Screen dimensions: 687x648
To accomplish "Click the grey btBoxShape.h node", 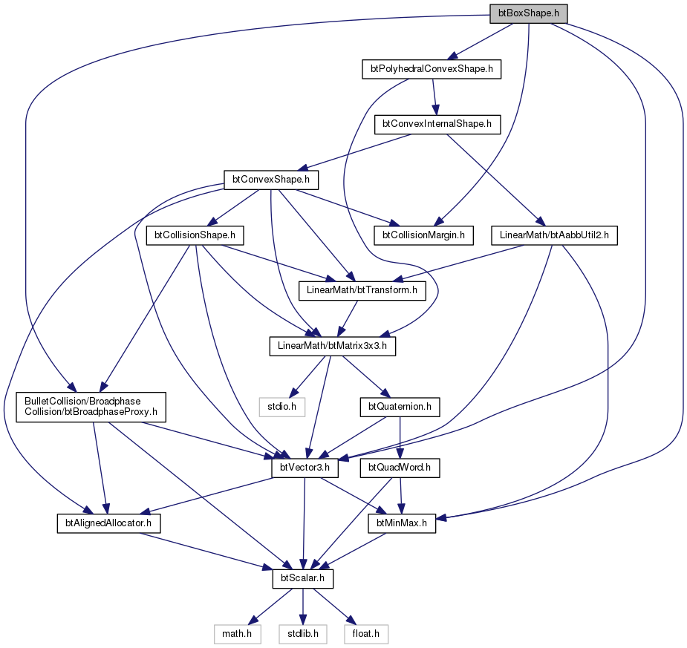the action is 528,13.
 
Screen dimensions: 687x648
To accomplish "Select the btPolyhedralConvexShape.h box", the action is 432,69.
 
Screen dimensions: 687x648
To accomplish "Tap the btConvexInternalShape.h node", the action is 437,125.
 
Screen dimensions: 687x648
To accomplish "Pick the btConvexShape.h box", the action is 271,180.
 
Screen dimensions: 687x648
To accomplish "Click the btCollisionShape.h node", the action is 195,235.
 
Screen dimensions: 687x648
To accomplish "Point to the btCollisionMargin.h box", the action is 423,235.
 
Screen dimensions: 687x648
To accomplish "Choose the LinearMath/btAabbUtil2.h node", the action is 554,235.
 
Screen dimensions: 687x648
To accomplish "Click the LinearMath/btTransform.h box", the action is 362,291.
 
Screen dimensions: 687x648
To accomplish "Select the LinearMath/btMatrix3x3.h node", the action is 333,347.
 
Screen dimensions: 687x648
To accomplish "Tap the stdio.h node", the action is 281,408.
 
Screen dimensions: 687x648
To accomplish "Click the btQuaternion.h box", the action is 400,408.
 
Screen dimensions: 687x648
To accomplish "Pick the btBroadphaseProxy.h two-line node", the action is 91,408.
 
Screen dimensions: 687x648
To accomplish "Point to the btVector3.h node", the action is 305,468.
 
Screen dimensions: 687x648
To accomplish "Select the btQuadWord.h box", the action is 400,468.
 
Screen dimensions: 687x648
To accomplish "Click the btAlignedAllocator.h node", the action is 108,523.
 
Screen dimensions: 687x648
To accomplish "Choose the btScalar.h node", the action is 303,579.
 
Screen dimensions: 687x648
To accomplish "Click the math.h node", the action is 238,635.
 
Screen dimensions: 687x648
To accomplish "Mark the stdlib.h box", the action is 303,635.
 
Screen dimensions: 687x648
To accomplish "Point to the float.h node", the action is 366,635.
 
